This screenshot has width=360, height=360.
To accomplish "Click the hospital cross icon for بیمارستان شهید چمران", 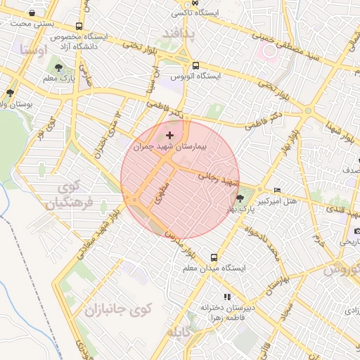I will coord(169,134).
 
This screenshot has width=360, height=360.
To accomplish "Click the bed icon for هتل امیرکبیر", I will coord(278,191).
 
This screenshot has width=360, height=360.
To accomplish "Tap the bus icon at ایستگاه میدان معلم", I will coord(214,257).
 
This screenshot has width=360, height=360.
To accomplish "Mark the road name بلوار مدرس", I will coord(177,240).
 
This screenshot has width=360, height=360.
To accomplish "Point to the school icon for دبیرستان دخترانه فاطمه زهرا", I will coord(226,297).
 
